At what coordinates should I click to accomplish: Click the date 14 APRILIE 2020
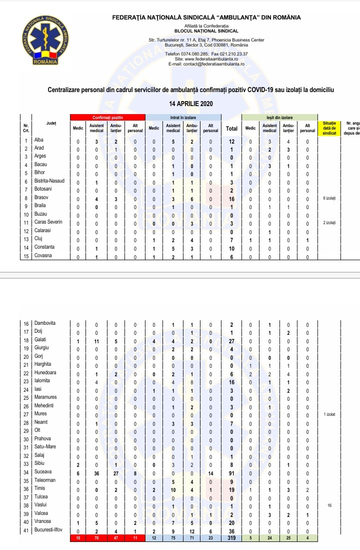191,104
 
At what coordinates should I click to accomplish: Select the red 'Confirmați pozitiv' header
107,117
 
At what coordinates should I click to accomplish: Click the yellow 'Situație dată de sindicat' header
329,128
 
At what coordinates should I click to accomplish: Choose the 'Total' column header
231,128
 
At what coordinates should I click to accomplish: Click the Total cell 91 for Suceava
231,471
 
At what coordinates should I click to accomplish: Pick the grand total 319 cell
231,537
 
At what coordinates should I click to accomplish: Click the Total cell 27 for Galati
231,339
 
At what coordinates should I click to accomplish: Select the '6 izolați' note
329,198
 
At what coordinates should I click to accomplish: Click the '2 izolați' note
329,222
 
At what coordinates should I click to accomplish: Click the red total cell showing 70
96,537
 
